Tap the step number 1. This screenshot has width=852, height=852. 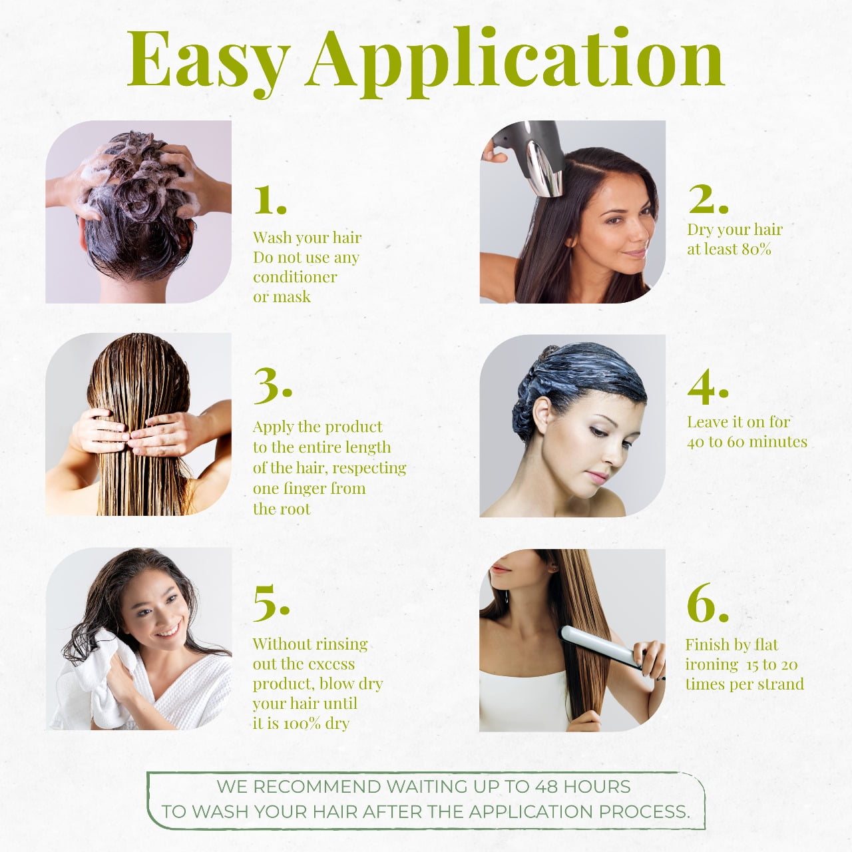click(270, 200)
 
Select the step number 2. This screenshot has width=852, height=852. click(708, 198)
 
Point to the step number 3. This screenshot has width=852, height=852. click(273, 386)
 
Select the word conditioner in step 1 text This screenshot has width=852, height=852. click(295, 277)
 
